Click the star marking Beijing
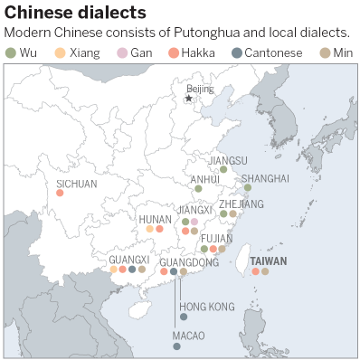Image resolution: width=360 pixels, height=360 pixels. (x=188, y=98)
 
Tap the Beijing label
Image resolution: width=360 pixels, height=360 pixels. (x=200, y=89)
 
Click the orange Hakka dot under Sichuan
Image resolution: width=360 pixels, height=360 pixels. (x=60, y=192)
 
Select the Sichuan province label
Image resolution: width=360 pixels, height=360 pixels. (x=76, y=183)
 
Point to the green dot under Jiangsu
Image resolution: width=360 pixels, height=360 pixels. (x=223, y=169)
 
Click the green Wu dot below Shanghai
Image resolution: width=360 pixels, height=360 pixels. (x=247, y=188)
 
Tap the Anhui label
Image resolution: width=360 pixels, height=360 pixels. (x=205, y=179)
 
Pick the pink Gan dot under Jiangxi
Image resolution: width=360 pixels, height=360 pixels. (x=194, y=222)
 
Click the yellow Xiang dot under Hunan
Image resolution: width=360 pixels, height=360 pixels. (x=150, y=229)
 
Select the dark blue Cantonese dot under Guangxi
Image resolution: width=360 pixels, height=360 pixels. (x=132, y=269)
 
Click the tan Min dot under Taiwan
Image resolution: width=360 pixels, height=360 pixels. (x=265, y=270)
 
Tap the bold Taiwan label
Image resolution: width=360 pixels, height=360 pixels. (x=268, y=261)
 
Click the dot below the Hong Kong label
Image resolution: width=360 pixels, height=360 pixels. (x=184, y=317)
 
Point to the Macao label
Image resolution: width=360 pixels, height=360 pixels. (x=189, y=336)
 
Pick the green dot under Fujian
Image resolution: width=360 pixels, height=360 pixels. (x=204, y=249)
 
